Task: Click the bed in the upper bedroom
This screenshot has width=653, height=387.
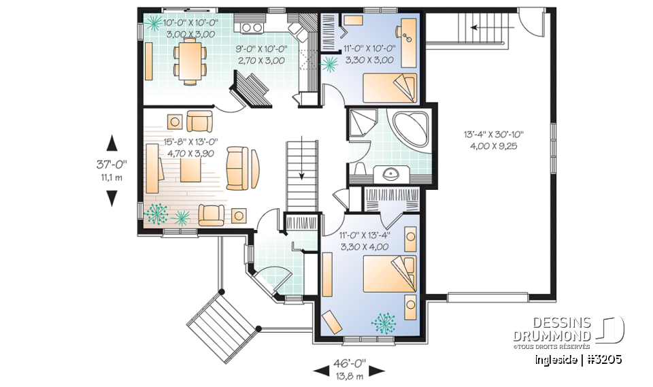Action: [388, 87]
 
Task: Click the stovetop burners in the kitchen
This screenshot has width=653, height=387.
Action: [252, 28]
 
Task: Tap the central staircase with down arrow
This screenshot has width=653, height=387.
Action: [301, 173]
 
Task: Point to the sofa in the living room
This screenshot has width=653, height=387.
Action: [238, 167]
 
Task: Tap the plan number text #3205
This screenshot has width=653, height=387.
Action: [602, 359]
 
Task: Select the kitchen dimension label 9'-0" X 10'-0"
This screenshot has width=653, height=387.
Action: [261, 55]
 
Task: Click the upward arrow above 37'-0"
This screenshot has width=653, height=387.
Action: [112, 143]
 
